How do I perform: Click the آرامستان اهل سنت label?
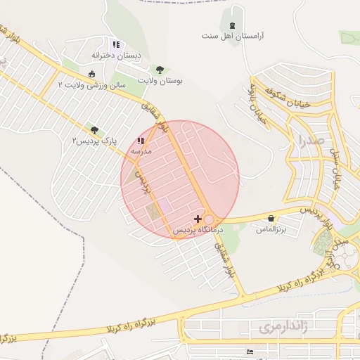pyautogui.click(x=231, y=36)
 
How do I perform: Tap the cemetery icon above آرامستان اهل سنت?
pyautogui.click(x=232, y=26)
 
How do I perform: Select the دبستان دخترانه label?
pyautogui.click(x=116, y=55)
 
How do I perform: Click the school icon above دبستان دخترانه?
pyautogui.click(x=116, y=44)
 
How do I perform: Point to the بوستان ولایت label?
pyautogui.click(x=160, y=81)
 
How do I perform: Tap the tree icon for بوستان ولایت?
pyautogui.click(x=160, y=70)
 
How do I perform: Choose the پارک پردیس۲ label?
pyautogui.click(x=94, y=141)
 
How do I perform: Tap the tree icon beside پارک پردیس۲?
pyautogui.click(x=94, y=130)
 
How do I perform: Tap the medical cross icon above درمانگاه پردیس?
pyautogui.click(x=198, y=219)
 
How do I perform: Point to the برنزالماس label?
pyautogui.click(x=271, y=229)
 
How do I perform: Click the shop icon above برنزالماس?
pyautogui.click(x=271, y=219)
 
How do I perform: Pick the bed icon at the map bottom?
pyautogui.click(x=248, y=352)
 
